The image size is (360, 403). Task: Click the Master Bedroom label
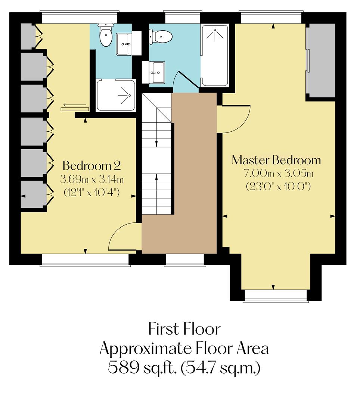pos(276,160)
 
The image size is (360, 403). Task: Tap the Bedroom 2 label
pos(91,165)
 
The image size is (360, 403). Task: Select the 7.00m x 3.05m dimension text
pos(278,174)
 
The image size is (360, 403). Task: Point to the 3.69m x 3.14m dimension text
pos(91,179)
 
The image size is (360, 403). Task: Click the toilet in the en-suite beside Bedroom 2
pos(106,36)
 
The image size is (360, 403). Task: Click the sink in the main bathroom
pos(157,72)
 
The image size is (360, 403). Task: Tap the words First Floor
pos(184,329)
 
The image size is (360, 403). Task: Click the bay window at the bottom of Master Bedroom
pos(276,296)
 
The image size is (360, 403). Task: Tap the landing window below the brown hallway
pos(185,260)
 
